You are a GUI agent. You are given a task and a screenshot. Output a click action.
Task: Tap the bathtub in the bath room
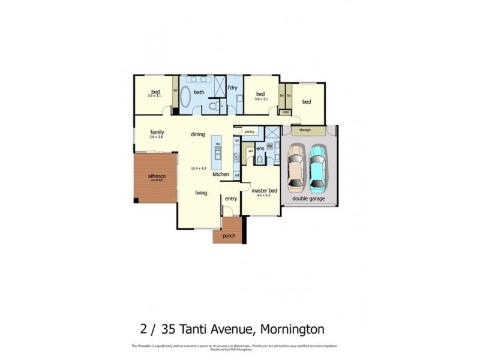[185, 98]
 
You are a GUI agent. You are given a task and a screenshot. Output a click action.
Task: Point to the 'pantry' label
[250, 130]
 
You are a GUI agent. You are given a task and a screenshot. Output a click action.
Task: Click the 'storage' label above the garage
[305, 130]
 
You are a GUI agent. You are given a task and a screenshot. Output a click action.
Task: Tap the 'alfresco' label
[157, 175]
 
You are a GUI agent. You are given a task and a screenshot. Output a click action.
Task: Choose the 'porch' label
[229, 235]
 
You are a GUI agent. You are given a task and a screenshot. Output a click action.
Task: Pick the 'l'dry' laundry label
[233, 88]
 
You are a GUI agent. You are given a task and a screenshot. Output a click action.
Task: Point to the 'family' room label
[157, 132]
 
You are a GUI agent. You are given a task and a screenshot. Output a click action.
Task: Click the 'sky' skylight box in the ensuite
[270, 146]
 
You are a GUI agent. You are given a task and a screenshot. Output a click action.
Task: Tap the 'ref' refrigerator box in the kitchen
[237, 175]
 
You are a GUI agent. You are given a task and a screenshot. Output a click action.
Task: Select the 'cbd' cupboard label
[286, 112]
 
